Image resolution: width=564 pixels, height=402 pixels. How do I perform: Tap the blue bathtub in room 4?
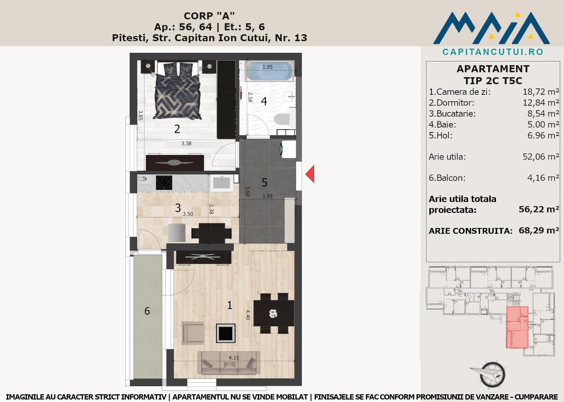(x=270, y=71)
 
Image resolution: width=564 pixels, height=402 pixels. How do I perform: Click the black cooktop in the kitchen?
(x=164, y=183)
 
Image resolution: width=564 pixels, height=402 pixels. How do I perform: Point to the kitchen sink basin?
(x=222, y=183)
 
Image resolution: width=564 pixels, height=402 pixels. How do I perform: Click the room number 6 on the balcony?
(x=147, y=311)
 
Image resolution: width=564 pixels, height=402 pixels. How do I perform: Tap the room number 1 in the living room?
(x=229, y=305)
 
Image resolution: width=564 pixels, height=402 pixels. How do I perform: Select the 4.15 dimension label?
(x=234, y=358)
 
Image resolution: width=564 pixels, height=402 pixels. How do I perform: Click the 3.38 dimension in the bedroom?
(x=186, y=143)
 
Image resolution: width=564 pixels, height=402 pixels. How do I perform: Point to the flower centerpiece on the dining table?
(x=273, y=314)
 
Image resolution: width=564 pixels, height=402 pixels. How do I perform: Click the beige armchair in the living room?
(x=193, y=333)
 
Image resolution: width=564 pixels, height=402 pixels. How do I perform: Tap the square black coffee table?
(x=226, y=333)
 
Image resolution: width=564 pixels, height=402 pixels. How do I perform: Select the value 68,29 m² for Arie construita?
(x=539, y=230)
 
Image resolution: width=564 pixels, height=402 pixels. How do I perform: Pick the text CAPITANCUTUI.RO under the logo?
(x=493, y=52)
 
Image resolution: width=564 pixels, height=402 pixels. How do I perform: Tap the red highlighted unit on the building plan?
(x=517, y=327)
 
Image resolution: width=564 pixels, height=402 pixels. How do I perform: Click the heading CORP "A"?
(x=209, y=16)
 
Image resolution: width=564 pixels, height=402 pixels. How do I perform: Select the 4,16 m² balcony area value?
(x=543, y=178)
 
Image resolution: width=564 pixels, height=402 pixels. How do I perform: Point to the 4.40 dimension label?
(x=248, y=315)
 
